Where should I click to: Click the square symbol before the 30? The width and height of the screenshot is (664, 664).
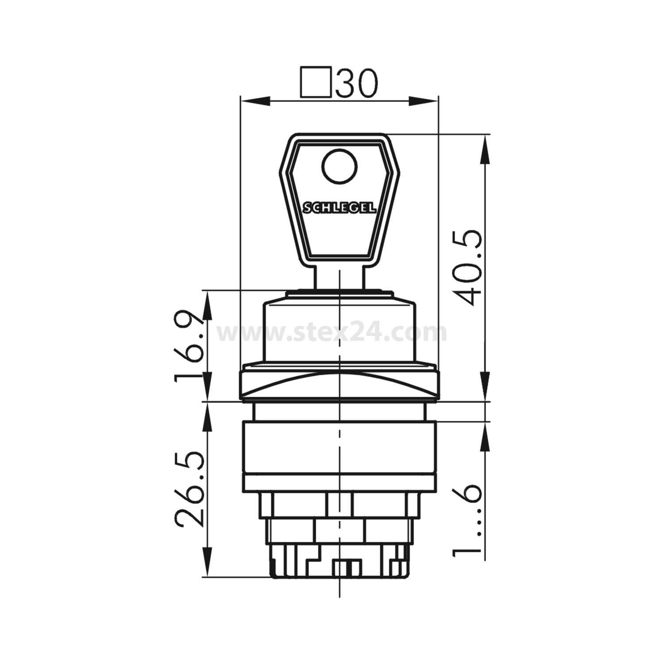tap(316, 82)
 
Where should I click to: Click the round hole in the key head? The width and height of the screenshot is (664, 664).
tap(340, 168)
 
